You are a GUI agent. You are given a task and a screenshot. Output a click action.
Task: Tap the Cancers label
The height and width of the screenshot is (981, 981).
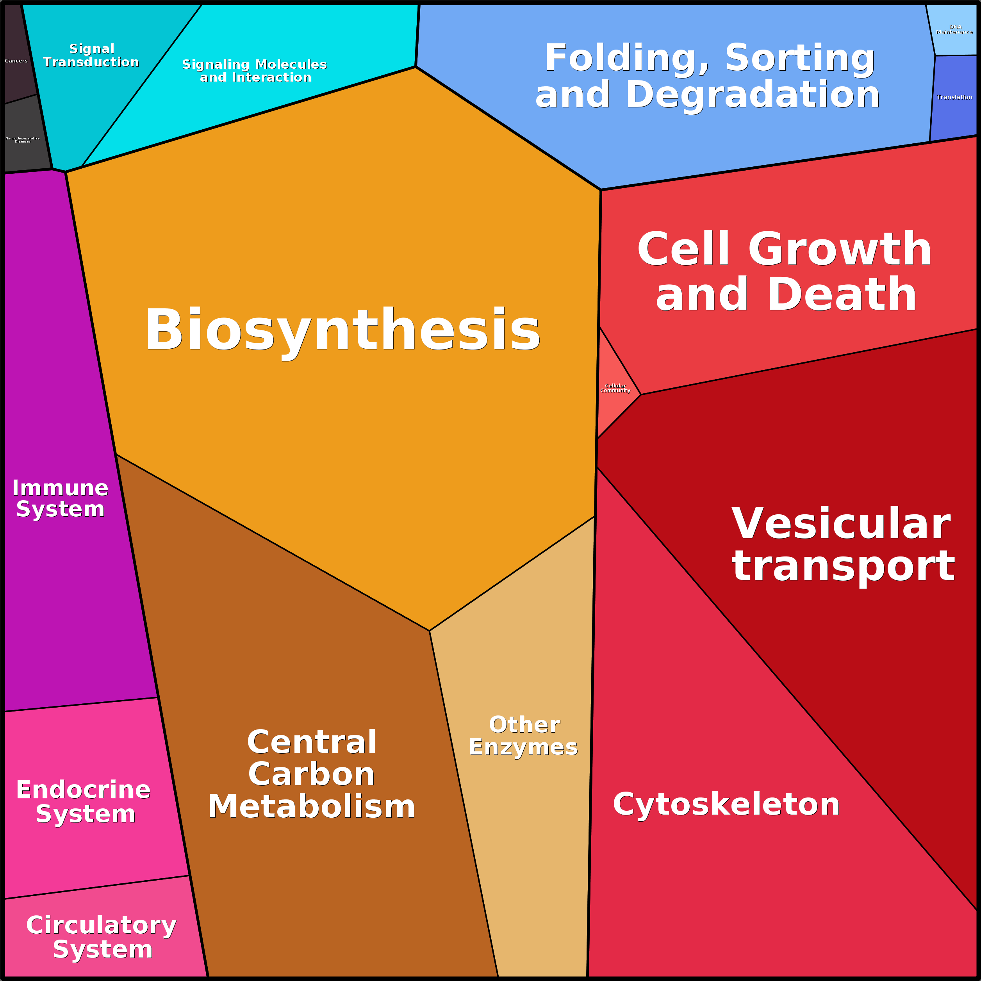click(x=16, y=61)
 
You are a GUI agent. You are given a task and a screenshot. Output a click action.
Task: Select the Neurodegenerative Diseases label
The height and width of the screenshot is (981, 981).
click(x=22, y=140)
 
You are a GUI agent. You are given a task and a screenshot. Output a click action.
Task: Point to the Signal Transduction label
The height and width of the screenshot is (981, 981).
click(x=91, y=55)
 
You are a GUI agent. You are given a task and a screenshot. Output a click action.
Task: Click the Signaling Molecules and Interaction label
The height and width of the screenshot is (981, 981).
click(x=255, y=71)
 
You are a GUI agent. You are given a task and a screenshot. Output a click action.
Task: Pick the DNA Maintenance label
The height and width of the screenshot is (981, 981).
click(x=954, y=29)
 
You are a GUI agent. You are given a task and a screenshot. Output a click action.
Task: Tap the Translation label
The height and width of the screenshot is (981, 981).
click(x=954, y=97)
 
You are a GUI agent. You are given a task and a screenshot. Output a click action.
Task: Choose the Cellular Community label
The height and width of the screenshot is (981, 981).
click(x=615, y=388)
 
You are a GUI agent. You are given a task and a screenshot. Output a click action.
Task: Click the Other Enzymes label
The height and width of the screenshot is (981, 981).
click(x=524, y=736)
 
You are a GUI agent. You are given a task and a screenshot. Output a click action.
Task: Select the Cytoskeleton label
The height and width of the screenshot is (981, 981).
click(x=726, y=804)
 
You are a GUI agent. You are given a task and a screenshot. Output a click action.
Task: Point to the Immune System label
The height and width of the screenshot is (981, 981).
click(x=61, y=498)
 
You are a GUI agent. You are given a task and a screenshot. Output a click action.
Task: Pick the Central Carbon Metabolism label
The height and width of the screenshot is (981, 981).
click(x=312, y=774)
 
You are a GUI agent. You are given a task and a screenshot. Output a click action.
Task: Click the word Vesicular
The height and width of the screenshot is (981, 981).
click(x=840, y=524)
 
